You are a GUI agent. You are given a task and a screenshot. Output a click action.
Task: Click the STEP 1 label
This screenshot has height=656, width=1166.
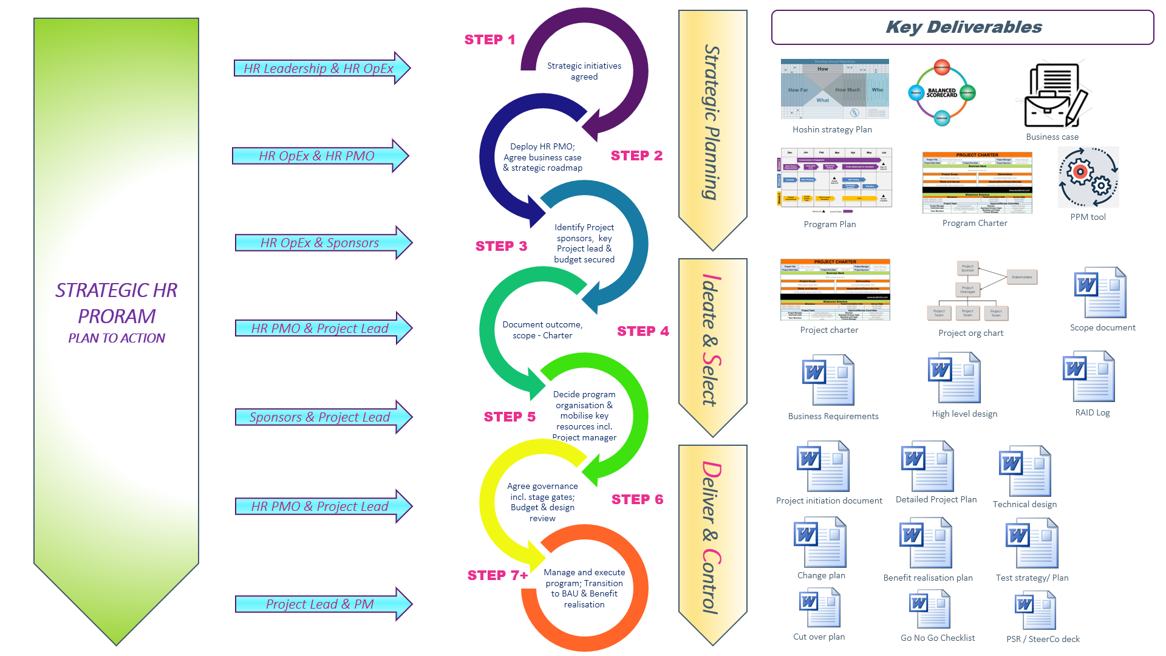[489, 40]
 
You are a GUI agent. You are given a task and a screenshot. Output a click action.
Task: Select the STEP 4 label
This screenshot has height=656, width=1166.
[643, 331]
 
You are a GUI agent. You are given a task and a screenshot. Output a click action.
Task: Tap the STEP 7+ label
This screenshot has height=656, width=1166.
[497, 575]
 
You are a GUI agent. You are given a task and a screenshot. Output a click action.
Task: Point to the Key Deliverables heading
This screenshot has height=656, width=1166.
[963, 27]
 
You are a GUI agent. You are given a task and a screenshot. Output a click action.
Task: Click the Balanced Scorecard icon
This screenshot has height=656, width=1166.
[941, 93]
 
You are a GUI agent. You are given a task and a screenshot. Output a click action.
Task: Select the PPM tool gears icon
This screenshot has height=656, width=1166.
[1088, 177]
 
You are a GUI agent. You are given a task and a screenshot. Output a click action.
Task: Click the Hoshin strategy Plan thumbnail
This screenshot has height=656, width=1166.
[834, 89]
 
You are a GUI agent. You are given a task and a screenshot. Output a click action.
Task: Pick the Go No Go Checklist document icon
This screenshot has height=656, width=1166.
[929, 610]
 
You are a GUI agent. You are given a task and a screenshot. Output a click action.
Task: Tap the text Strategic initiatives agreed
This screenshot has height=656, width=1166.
[584, 71]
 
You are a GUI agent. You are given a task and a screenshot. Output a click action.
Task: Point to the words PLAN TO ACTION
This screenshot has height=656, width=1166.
[117, 338]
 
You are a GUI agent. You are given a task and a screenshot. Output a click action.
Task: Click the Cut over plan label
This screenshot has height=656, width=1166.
[819, 637]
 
